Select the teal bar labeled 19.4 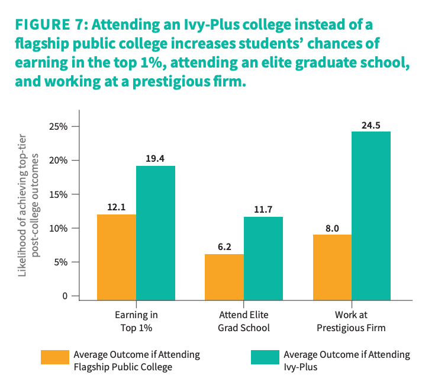(x=156, y=233)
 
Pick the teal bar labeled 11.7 (x=263, y=259)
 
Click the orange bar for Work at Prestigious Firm (x=332, y=268)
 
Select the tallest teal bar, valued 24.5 (x=371, y=216)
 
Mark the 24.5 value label (x=371, y=124)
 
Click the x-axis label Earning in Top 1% (x=136, y=321)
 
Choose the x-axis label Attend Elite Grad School (x=243, y=321)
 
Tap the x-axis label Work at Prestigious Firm (x=351, y=321)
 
